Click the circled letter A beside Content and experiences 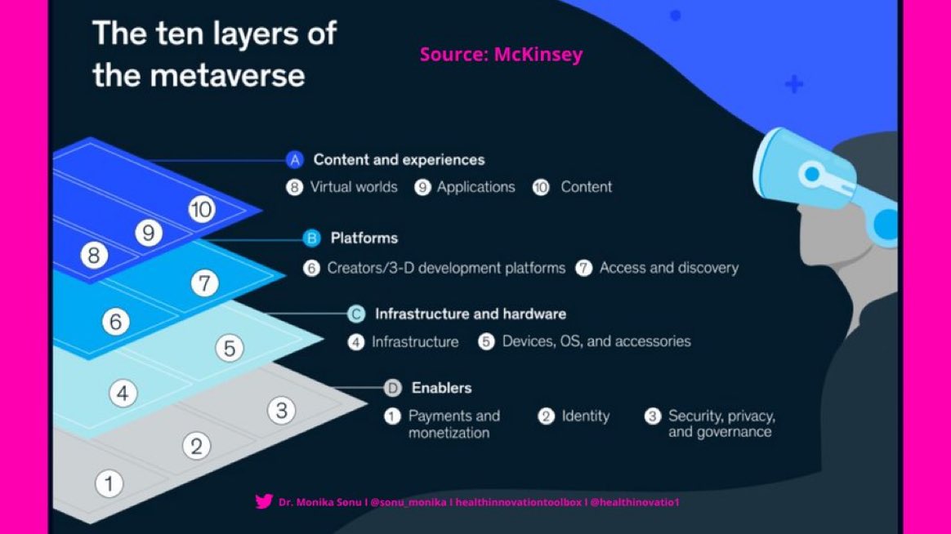click(295, 160)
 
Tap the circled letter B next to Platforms click(311, 238)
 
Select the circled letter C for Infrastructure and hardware click(356, 314)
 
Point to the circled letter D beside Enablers click(393, 388)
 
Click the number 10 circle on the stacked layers click(201, 210)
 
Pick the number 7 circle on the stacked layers click(205, 283)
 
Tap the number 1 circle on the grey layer click(109, 483)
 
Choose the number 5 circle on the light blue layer click(230, 349)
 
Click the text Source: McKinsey click(501, 55)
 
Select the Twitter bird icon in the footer click(264, 501)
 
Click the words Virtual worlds click(353, 187)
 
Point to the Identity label click(585, 416)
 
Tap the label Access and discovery click(668, 268)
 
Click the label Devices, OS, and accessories click(596, 341)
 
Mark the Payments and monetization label click(453, 424)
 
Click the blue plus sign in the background click(793, 83)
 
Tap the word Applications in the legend click(475, 187)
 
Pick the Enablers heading click(441, 388)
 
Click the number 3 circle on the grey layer click(281, 410)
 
